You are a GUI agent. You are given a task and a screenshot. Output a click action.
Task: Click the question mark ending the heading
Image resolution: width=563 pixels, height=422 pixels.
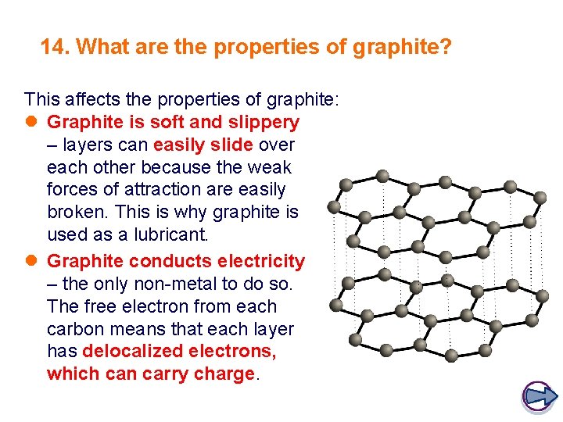(x=446, y=48)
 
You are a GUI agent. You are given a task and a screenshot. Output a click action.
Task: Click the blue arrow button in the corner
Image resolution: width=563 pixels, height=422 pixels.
(x=538, y=395)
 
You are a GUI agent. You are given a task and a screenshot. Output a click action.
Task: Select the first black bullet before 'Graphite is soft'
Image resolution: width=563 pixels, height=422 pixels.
(x=31, y=123)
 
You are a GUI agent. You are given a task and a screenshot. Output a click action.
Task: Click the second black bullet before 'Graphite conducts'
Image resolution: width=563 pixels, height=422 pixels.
(x=31, y=261)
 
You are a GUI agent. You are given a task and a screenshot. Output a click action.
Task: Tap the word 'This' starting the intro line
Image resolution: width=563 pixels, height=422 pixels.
(x=41, y=99)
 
